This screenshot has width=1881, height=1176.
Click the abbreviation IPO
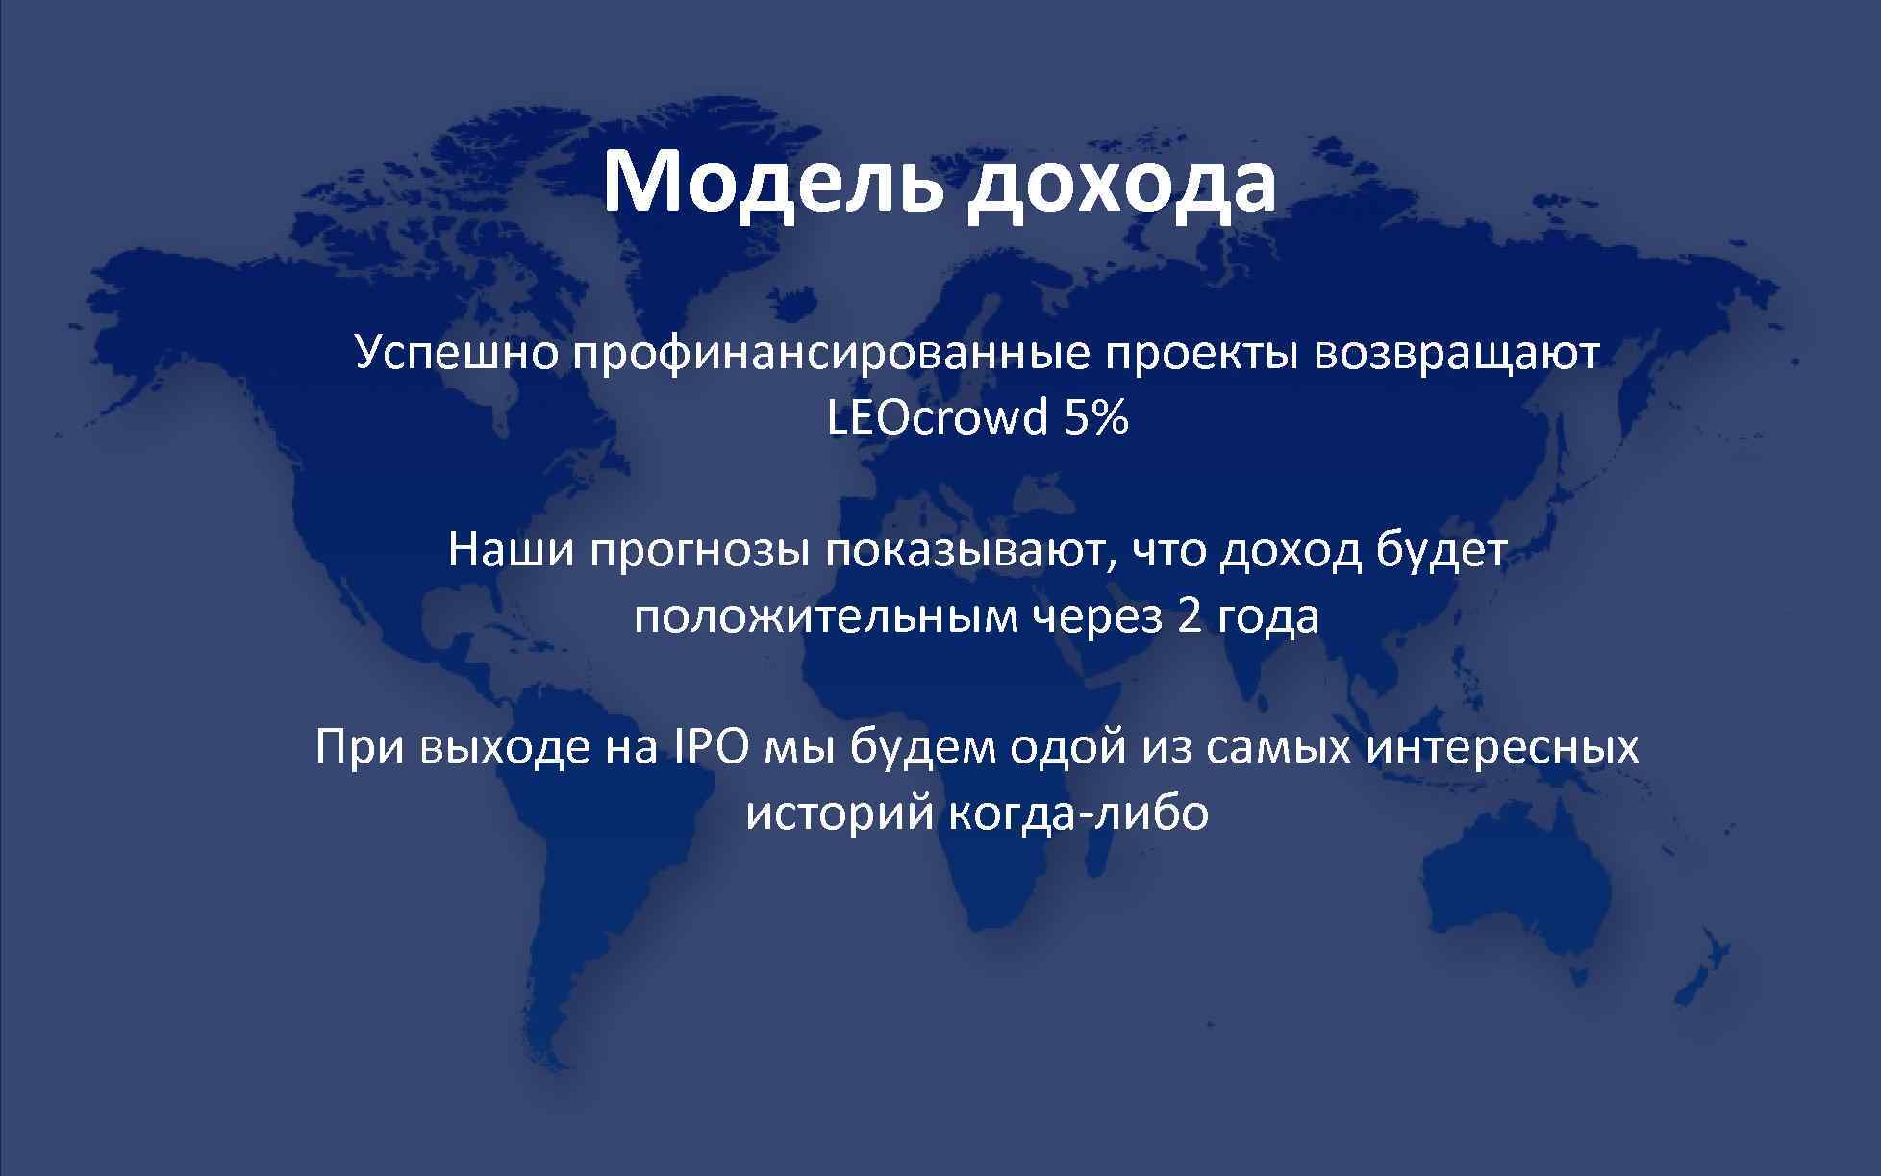pyautogui.click(x=706, y=747)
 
